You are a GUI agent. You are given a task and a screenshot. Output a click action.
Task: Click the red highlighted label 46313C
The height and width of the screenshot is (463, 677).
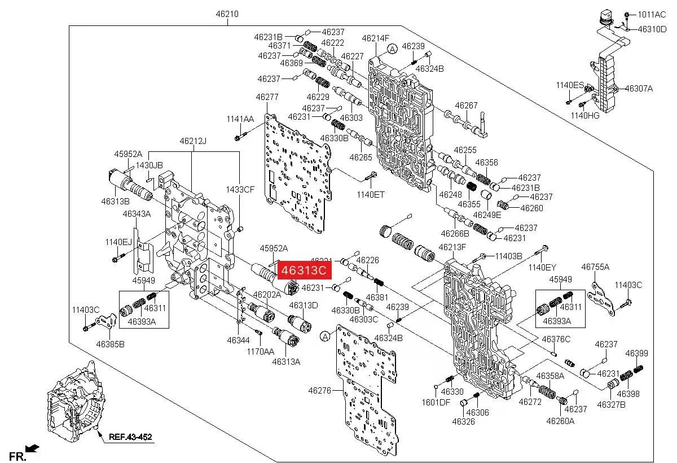[304, 270]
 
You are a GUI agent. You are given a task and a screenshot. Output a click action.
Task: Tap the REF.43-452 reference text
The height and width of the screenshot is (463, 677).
[130, 436]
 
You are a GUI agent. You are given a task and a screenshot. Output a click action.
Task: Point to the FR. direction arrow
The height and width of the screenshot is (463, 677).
[33, 448]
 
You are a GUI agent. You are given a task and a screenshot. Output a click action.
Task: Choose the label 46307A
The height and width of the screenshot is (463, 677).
[639, 88]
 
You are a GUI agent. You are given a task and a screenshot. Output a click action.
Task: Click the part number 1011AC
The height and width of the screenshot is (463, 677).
[652, 14]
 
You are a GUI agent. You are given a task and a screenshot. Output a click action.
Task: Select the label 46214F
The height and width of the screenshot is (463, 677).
[376, 38]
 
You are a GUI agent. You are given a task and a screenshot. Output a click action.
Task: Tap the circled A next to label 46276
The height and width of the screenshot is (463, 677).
[324, 337]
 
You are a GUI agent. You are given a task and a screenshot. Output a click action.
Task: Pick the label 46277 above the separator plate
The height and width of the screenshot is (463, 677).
[267, 97]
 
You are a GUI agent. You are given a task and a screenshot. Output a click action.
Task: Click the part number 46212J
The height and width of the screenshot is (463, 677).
[193, 141]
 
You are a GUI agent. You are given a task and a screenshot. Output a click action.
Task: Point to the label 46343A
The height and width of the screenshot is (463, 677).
[137, 214]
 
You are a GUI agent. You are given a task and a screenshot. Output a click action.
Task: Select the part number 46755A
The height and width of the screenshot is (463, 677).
[595, 267]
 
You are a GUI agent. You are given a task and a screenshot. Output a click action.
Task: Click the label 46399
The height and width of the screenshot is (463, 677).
[636, 353]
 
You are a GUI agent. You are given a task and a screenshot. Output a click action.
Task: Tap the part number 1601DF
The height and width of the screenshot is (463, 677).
[436, 402]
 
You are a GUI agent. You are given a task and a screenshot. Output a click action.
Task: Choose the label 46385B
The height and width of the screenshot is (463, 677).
[110, 343]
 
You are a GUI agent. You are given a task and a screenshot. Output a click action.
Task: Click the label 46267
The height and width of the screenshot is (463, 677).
[466, 106]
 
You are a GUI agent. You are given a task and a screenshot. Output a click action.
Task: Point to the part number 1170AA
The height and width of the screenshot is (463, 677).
[259, 351]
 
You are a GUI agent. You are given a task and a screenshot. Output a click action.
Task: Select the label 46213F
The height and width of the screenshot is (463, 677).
[452, 247]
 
